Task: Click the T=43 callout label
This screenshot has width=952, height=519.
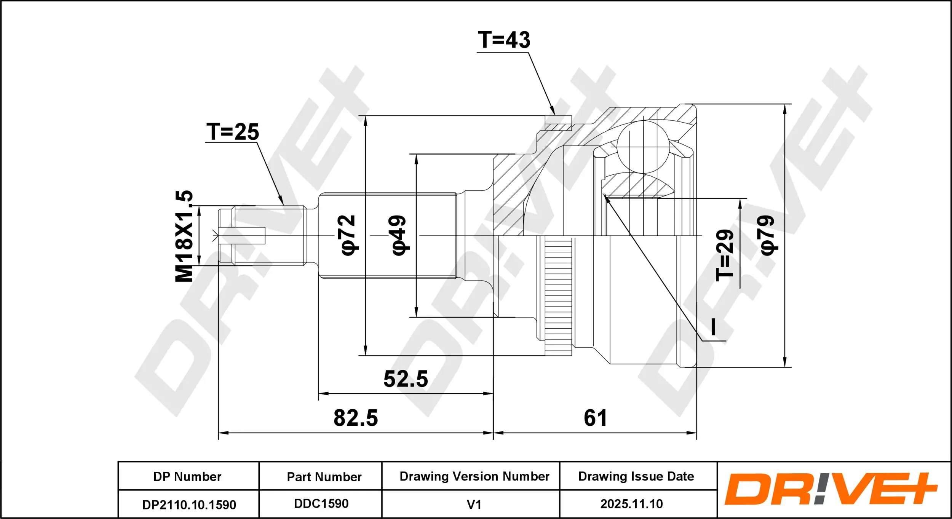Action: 504,40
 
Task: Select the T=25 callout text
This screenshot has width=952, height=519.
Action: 233,132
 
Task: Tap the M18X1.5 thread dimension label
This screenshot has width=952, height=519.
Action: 184,236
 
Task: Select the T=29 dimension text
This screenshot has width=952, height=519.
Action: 725,255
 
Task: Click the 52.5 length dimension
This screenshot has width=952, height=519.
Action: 406,379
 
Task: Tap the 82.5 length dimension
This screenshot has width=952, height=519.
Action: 356,418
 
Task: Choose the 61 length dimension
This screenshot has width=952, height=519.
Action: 595,418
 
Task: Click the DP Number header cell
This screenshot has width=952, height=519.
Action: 187,476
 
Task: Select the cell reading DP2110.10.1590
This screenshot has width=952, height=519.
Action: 189,505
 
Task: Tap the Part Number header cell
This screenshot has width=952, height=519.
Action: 324,477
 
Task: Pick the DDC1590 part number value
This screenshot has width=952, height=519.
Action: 321,504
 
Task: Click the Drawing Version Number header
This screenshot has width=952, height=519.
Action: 474,476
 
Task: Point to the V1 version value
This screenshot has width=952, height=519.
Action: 474,505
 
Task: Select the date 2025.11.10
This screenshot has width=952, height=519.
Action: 632,504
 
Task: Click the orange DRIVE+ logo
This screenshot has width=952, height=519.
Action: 831,489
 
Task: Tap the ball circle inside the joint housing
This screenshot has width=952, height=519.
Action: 643,147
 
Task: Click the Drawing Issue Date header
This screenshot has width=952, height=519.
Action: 636,476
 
